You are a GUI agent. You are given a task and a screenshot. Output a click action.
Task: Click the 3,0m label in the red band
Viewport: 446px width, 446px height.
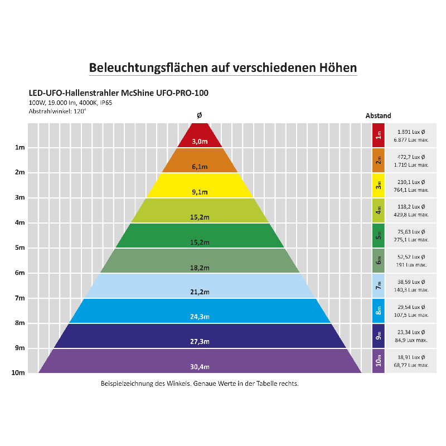click(200, 142)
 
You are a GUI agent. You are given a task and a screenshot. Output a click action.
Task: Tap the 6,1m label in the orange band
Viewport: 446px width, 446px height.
click(200, 167)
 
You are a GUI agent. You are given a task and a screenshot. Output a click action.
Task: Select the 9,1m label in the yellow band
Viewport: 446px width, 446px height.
click(200, 192)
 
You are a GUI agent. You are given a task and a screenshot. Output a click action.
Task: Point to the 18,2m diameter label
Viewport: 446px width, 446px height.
click(200, 268)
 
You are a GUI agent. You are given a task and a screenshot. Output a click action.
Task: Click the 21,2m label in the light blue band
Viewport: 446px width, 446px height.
click(200, 292)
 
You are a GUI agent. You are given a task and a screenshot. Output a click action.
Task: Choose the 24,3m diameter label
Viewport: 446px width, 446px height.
click(200, 317)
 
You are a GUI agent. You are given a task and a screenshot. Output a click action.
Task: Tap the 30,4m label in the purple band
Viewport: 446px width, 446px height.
click(200, 366)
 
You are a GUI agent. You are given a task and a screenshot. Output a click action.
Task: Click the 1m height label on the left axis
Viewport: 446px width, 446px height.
click(20, 148)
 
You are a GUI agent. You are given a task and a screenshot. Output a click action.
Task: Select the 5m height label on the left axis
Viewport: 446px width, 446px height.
click(20, 248)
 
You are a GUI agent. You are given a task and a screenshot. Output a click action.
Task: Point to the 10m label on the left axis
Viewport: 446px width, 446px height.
click(18, 373)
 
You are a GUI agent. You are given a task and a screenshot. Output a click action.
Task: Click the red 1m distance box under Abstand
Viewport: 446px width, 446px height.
click(379, 135)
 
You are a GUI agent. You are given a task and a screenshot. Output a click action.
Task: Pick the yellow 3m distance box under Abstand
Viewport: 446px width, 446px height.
click(379, 185)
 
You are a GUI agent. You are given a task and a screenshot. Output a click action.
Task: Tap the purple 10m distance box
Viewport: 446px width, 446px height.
click(379, 361)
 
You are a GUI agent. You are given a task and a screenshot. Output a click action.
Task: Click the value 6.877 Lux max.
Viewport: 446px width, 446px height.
click(411, 139)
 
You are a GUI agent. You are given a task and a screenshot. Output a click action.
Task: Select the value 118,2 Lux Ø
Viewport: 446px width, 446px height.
click(411, 207)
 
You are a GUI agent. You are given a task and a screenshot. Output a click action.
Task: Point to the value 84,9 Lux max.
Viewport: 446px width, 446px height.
click(411, 340)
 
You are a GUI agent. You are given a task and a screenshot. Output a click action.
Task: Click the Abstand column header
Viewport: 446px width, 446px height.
click(379, 115)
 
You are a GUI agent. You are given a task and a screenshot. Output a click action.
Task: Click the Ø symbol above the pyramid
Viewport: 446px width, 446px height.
click(200, 115)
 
